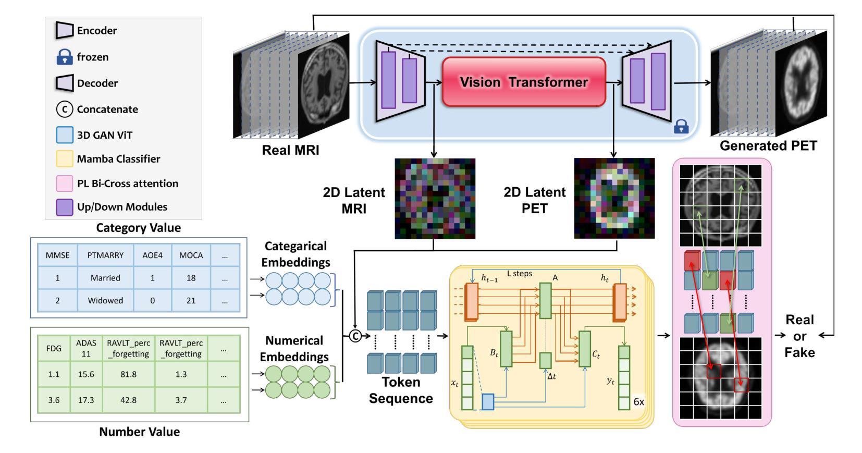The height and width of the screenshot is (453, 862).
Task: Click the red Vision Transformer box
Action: [x=524, y=82]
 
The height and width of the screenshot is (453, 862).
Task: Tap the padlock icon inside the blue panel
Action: [x=681, y=126]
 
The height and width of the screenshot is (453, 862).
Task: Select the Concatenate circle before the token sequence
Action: [x=355, y=336]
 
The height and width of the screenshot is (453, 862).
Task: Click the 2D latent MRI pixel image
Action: [x=435, y=199]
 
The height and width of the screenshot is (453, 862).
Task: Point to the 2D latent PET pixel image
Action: [x=614, y=198]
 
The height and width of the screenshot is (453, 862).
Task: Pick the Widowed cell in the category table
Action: [x=105, y=300]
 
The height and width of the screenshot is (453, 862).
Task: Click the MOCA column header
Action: [x=191, y=255]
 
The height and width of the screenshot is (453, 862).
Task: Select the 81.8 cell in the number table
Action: [x=129, y=374]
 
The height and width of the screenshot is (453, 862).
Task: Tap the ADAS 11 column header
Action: [x=86, y=348]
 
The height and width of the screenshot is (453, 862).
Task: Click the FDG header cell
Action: [x=54, y=348]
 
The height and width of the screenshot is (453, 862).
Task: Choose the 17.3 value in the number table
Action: [x=86, y=400]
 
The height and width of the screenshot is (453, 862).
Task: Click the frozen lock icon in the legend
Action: [x=64, y=57]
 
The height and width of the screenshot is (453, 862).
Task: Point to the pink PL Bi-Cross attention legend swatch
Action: [x=64, y=183]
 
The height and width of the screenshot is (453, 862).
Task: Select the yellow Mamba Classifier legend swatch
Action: [x=64, y=158]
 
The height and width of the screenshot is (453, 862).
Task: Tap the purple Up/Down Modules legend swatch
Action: [x=64, y=207]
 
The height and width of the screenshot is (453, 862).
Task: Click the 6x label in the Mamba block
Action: [x=639, y=402]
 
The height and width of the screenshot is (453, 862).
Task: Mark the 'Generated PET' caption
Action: [x=768, y=146]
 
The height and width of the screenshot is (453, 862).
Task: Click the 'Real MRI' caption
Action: [x=290, y=150]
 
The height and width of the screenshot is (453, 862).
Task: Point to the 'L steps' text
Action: [x=520, y=274]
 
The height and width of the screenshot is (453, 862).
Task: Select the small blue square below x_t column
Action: [x=488, y=402]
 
